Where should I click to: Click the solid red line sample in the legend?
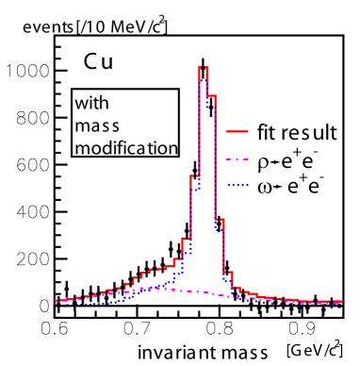pos(237,132)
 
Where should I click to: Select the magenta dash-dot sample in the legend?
pos(237,158)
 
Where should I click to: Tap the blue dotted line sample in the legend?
pos(237,185)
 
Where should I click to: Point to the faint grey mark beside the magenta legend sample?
pos(277,162)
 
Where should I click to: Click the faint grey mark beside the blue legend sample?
pos(279,186)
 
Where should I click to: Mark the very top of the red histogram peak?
pos(203,67)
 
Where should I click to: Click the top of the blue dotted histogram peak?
pos(203,81)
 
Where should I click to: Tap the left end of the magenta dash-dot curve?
pos(57,301)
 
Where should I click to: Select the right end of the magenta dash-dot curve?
pos(341,302)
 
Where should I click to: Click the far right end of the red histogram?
pos(341,302)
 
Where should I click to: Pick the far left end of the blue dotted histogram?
pos(61,304)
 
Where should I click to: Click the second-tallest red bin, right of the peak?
pos(211,95)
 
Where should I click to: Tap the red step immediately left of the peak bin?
pos(194,175)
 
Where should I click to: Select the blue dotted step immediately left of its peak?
pos(194,190)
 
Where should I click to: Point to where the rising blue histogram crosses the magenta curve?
pos(137,291)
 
